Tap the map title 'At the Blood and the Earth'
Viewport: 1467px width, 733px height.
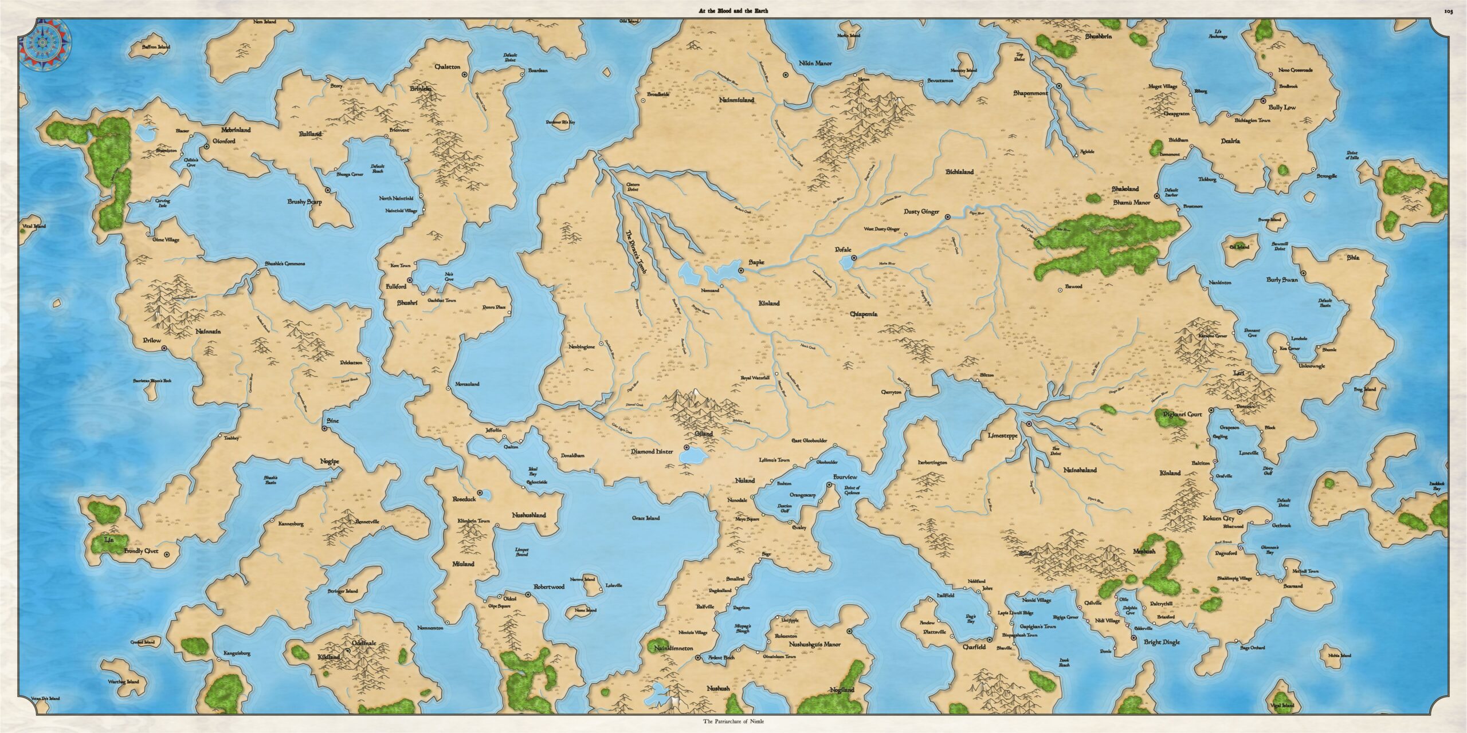point(733,11)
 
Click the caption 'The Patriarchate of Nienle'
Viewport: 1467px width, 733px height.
point(733,722)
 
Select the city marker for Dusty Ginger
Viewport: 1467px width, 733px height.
point(947,217)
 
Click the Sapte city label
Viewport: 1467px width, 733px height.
point(756,262)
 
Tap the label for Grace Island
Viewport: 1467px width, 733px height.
point(645,518)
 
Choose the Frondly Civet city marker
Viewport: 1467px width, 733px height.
point(167,554)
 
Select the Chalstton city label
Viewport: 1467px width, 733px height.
point(448,67)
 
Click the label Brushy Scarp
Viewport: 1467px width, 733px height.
point(304,202)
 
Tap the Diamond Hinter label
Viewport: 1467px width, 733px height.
point(652,452)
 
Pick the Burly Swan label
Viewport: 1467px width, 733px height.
point(1282,280)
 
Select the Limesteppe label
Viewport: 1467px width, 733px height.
point(1003,436)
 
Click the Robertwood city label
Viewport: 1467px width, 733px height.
point(548,587)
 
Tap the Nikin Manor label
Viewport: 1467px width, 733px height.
point(815,64)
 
